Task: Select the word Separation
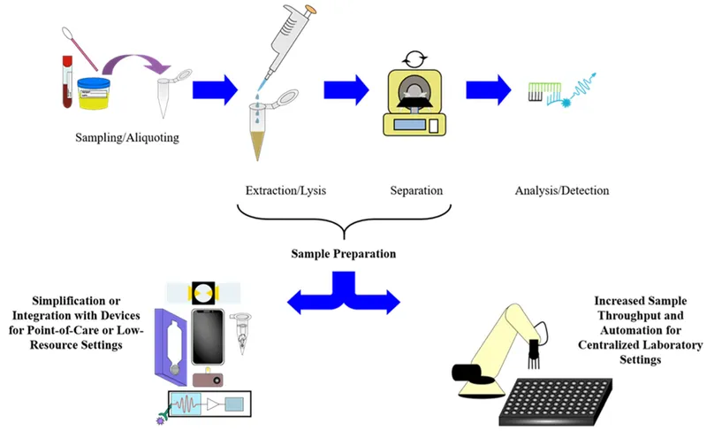(x=416, y=190)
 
